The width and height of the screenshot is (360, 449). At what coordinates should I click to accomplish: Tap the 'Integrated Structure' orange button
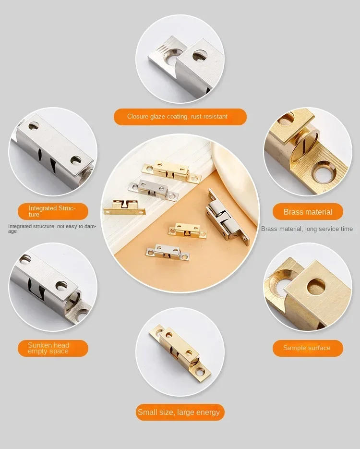point(53,211)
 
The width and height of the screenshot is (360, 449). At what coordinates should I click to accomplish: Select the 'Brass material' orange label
point(308,212)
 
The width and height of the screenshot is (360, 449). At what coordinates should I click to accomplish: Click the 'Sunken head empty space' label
point(53,348)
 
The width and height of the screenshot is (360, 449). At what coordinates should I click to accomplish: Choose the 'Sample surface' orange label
point(307,348)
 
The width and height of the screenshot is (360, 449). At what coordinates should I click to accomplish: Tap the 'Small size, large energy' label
point(179,412)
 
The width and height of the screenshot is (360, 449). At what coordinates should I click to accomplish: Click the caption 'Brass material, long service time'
point(307,229)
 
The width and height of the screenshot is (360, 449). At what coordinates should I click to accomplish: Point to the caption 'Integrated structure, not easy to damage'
point(52,229)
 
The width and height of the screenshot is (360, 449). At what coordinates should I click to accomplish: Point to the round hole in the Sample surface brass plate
point(316,286)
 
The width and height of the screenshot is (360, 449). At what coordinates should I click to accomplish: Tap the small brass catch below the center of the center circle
point(188,230)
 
